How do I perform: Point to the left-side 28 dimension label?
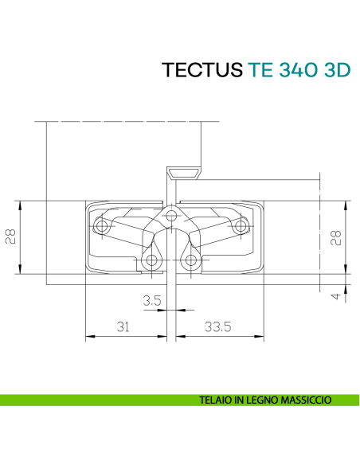point(11,236)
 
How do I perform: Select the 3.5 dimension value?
point(152,300)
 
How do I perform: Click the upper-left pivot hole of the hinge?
point(101,227)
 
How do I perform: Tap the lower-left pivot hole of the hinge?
point(151,260)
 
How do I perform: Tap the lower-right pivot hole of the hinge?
point(190,260)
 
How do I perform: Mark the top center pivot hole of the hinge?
point(170,214)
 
